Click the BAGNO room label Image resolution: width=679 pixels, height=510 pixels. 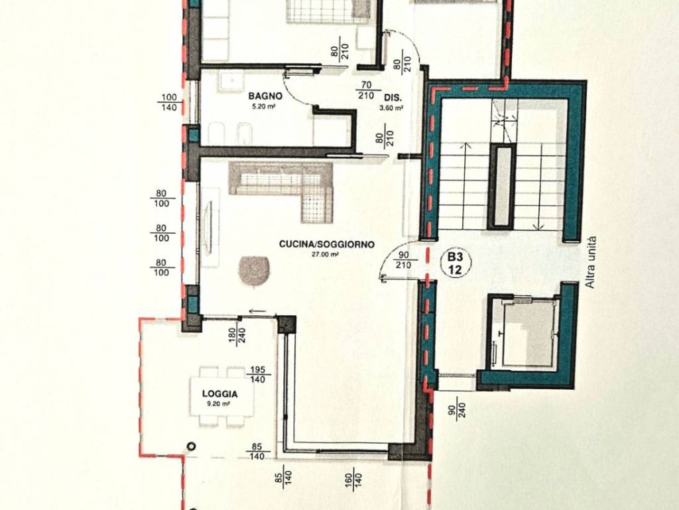(266, 96)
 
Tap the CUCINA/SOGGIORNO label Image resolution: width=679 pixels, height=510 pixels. (326, 244)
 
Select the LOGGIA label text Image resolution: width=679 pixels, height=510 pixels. (219, 394)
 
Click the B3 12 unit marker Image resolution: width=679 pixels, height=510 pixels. (455, 262)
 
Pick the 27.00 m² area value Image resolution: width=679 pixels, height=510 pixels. (326, 254)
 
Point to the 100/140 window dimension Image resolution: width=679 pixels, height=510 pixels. (168, 102)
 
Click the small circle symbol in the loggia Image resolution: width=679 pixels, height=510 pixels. (192, 447)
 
